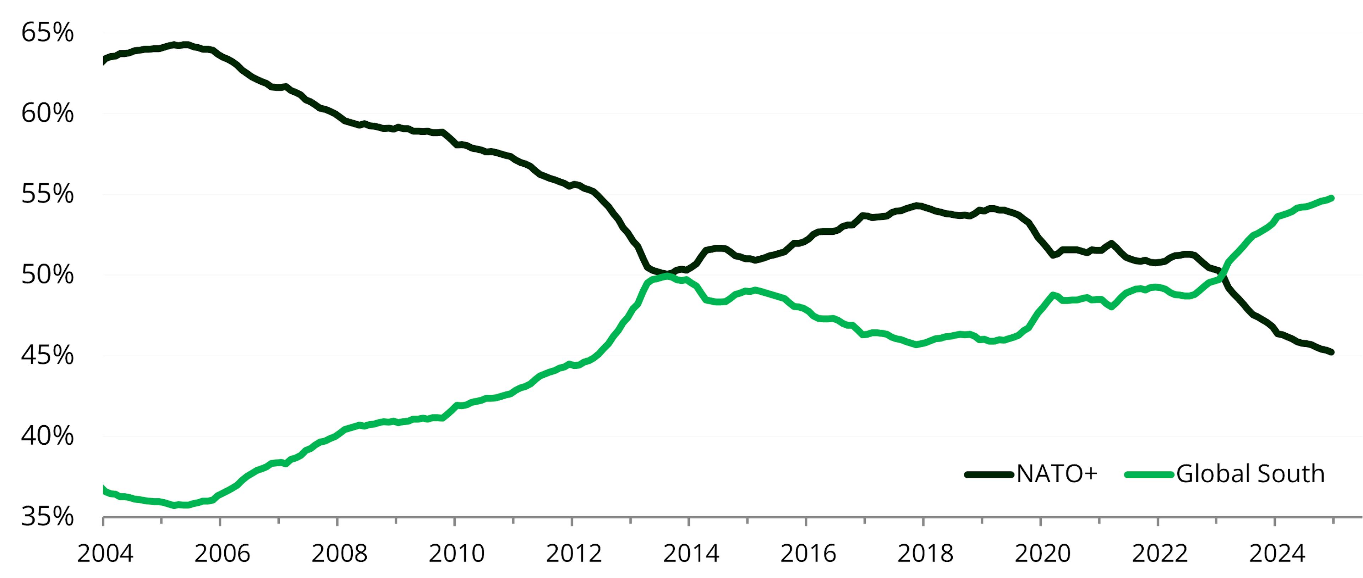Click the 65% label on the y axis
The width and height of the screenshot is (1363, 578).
pyautogui.click(x=47, y=33)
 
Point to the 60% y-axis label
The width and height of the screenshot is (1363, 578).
pyautogui.click(x=47, y=113)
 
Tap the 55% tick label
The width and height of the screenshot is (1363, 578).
pyautogui.click(x=47, y=194)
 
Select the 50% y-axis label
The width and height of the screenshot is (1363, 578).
pyautogui.click(x=47, y=275)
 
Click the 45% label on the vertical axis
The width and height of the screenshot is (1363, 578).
pyautogui.click(x=47, y=355)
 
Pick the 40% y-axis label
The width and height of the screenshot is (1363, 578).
pyautogui.click(x=47, y=436)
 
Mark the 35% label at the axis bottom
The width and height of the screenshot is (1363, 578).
pyautogui.click(x=47, y=517)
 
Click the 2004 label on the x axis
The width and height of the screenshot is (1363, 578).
pyautogui.click(x=105, y=554)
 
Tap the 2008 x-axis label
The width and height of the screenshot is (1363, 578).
pyautogui.click(x=339, y=554)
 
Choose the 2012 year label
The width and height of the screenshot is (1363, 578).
pyautogui.click(x=574, y=554)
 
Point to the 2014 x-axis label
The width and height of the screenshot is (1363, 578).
pyautogui.click(x=691, y=554)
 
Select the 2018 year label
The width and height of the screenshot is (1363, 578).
pyautogui.click(x=925, y=554)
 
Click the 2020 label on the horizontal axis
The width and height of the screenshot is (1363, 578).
pyautogui.click(x=1042, y=554)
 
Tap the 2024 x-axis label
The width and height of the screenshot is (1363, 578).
pyautogui.click(x=1277, y=554)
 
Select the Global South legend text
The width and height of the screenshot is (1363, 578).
pyautogui.click(x=1250, y=474)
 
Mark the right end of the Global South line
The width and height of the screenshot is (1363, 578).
pyautogui.click(x=1331, y=198)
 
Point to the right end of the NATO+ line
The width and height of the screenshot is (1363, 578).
pyautogui.click(x=1331, y=352)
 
